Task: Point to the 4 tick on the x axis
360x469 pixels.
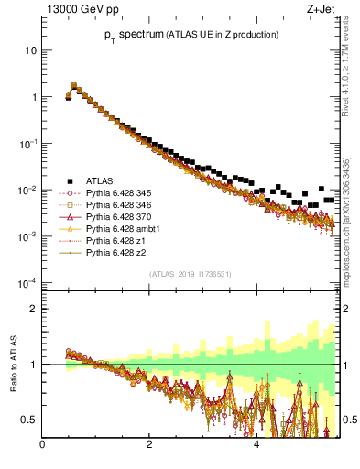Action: [257, 448]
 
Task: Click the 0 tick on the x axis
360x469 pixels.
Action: [43, 448]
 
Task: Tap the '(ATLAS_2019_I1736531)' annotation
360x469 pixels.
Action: [191, 274]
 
